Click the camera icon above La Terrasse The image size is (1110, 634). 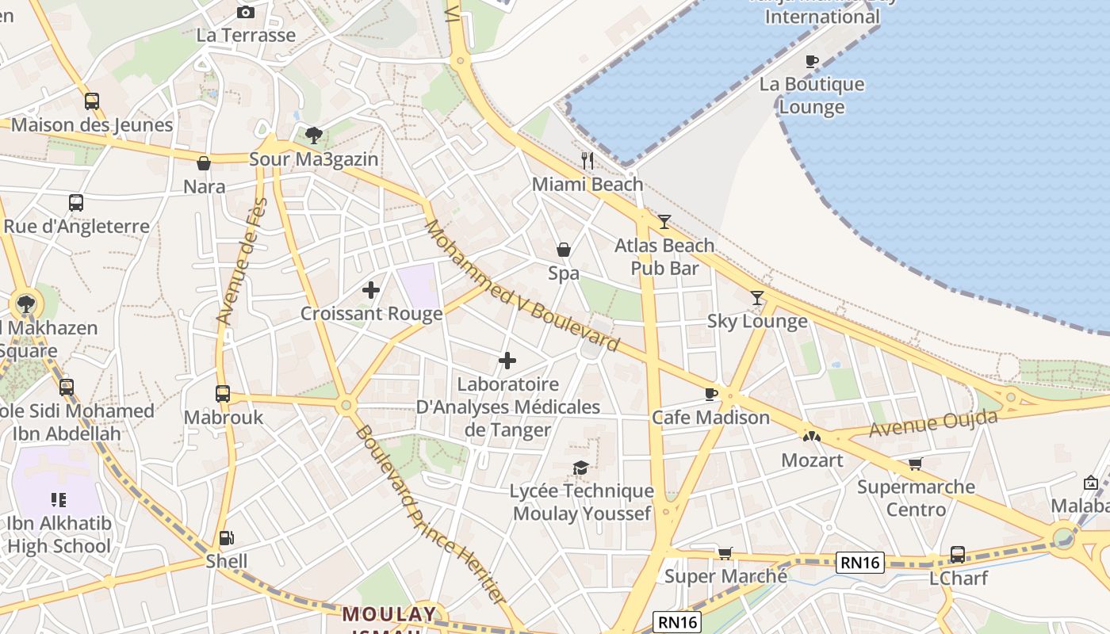[246, 12]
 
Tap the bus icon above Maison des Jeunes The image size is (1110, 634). [92, 101]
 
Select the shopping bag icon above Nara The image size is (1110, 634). [204, 163]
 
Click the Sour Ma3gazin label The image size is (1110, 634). [314, 159]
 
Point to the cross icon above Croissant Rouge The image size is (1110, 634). [370, 290]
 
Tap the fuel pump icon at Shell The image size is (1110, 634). [226, 538]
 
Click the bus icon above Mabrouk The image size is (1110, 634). [223, 393]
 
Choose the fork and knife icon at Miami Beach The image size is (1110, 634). [588, 161]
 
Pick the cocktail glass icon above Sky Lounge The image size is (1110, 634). [757, 298]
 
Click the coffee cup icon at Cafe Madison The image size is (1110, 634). [711, 394]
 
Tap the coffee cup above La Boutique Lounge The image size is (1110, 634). [812, 61]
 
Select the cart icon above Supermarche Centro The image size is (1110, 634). [916, 464]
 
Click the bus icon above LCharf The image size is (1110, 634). [958, 555]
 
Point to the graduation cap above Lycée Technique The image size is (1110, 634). [581, 468]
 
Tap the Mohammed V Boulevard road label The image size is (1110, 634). [521, 285]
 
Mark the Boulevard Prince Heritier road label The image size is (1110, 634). [428, 515]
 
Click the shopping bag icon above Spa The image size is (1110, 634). [564, 250]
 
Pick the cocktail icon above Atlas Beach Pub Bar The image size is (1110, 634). [664, 222]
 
